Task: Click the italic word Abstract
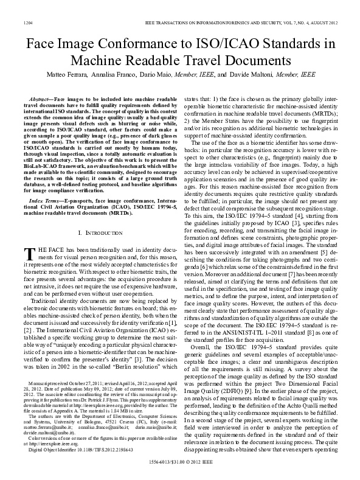(x=40, y=98)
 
